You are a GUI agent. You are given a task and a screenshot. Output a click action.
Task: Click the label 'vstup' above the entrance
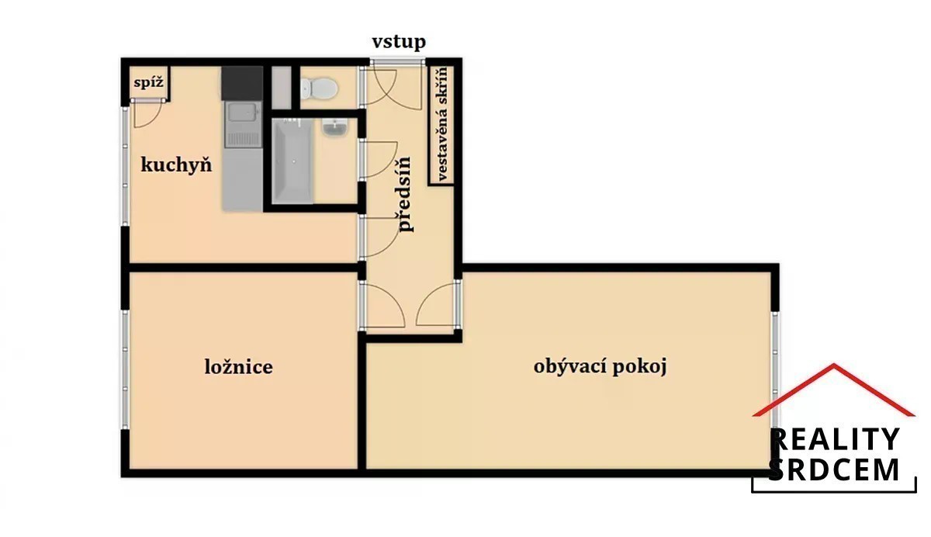[399, 42]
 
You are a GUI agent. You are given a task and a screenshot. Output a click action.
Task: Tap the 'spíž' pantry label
[148, 83]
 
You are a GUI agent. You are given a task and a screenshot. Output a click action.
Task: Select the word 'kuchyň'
[176, 165]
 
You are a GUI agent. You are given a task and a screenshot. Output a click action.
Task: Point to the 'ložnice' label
[239, 366]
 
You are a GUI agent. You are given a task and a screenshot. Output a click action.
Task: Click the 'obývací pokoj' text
[600, 367]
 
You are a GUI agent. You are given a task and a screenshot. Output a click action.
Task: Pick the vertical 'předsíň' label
[404, 194]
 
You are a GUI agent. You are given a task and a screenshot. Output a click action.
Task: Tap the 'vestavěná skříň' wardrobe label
[441, 124]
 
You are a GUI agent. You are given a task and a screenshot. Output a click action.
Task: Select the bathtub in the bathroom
[292, 161]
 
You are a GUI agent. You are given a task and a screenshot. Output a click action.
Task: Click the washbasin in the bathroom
[336, 127]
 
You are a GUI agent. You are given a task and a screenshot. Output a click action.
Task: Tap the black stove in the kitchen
[242, 83]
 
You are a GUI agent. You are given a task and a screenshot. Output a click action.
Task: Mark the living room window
[775, 371]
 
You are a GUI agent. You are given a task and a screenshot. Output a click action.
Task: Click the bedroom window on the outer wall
[125, 369]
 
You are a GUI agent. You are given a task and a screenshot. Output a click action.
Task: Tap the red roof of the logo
[834, 390]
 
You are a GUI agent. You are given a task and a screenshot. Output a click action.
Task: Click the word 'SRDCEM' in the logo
[833, 469]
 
